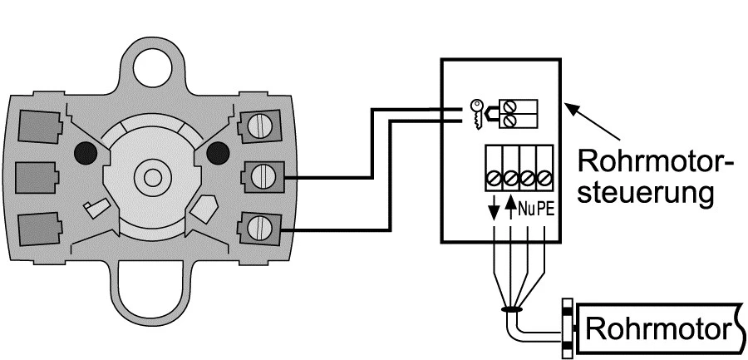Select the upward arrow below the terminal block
509,208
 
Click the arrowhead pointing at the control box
568,107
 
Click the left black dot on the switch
84,152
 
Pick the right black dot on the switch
218,152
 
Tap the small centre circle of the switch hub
152,177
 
